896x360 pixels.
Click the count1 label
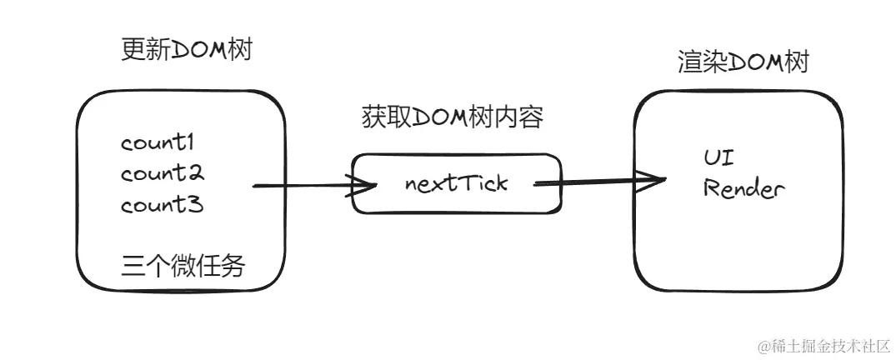[x=163, y=143]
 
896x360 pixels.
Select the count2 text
[x=163, y=174]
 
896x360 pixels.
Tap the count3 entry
[x=163, y=205]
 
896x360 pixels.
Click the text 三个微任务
[x=183, y=266]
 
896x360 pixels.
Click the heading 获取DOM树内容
[x=453, y=118]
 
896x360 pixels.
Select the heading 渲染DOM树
[x=743, y=63]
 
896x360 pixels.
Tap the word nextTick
[x=455, y=183]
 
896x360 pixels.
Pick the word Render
[x=743, y=188]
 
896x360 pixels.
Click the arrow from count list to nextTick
[x=300, y=185]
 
